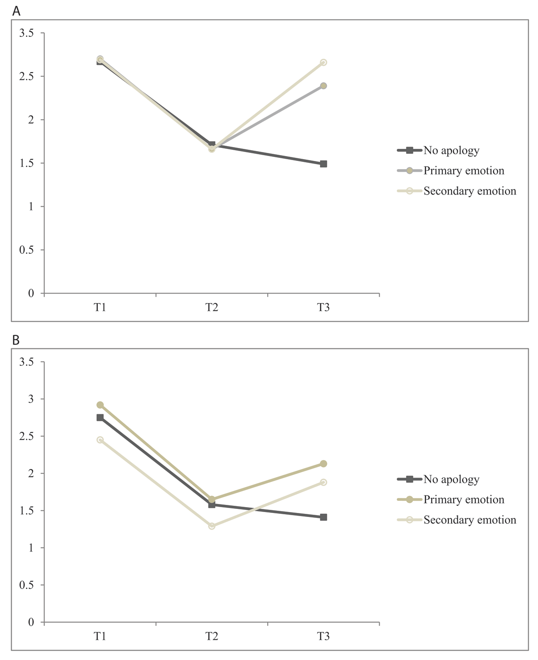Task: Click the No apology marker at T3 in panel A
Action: pos(323,164)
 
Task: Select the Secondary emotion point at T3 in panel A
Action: pos(323,62)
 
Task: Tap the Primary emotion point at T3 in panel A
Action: pos(323,86)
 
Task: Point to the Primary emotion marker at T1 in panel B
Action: pos(100,405)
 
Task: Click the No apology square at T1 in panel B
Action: pos(100,417)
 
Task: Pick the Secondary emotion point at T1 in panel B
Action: pos(100,440)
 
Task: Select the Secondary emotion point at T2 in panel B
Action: pos(212,526)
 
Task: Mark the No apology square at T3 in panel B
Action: pos(323,517)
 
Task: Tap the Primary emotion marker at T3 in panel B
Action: pos(323,464)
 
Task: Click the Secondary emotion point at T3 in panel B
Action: pos(323,482)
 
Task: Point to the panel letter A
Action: pos(16,11)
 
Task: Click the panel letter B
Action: pos(16,340)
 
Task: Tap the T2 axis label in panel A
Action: pos(212,308)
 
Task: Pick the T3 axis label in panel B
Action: pos(323,636)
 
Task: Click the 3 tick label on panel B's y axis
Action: pos(30,399)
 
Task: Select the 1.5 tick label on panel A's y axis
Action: pos(26,163)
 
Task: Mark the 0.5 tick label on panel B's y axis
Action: pos(26,585)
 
